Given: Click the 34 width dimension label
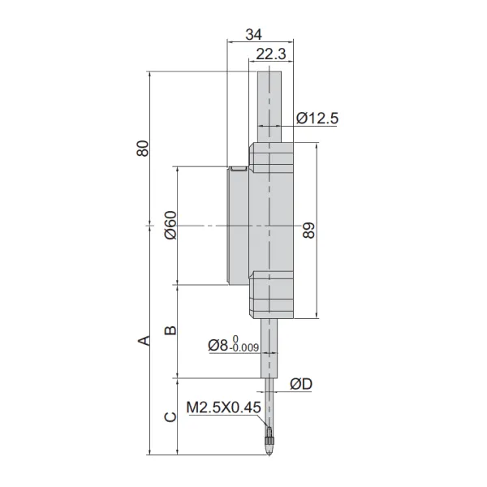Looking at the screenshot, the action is pyautogui.click(x=253, y=34).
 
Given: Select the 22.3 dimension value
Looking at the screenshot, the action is pyautogui.click(x=271, y=54).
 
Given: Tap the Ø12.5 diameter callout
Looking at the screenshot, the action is pyautogui.click(x=317, y=119).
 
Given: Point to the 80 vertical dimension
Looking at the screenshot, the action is pyautogui.click(x=143, y=149).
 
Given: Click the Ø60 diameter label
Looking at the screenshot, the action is pyautogui.click(x=170, y=226).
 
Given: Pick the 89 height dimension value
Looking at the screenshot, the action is pyautogui.click(x=308, y=231).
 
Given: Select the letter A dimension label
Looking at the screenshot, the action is pyautogui.click(x=144, y=341).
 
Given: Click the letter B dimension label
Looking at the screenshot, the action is pyautogui.click(x=170, y=330).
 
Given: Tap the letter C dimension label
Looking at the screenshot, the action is pyautogui.click(x=170, y=417).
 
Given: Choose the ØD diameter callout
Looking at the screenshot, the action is pyautogui.click(x=301, y=384).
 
